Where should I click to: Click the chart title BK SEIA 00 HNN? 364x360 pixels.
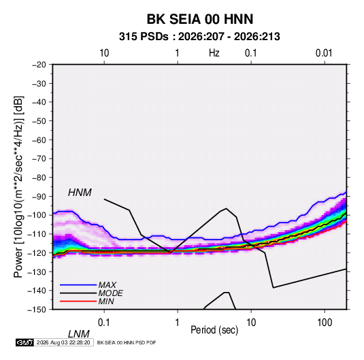point(200,19)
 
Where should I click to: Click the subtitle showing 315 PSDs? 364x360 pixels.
point(199,37)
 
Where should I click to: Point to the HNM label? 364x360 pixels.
point(80,193)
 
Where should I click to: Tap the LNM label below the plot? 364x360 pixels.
point(78,334)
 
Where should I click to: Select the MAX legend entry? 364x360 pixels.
point(107,284)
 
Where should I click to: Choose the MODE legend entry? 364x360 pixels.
point(110,293)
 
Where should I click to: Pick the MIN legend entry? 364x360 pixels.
point(106,301)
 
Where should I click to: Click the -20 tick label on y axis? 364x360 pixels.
point(39,65)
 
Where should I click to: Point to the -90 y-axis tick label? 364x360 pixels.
point(39,197)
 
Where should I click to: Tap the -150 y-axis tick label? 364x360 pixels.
point(37,310)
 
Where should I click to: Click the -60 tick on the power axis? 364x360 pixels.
point(39,140)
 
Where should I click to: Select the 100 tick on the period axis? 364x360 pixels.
point(325,322)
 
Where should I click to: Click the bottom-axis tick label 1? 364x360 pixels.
point(178,322)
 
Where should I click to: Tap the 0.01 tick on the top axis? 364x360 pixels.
point(324,53)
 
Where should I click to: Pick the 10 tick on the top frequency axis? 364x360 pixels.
point(104,53)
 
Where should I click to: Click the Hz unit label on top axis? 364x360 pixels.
point(214,53)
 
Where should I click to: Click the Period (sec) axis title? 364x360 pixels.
point(214,330)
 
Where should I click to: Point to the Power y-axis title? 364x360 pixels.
point(18,186)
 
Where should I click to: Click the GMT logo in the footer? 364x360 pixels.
point(24,342)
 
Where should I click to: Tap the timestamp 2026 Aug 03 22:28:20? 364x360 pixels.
point(63,342)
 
